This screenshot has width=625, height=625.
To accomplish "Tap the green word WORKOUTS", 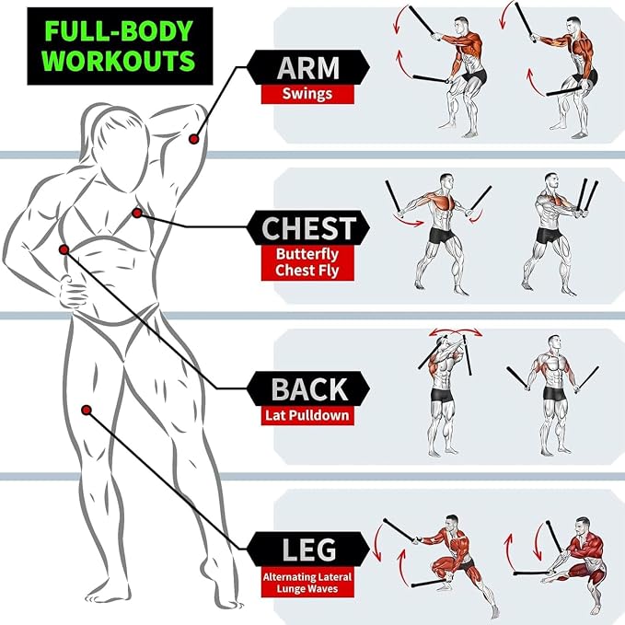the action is click(119, 60).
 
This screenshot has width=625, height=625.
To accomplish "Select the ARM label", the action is click(307, 68).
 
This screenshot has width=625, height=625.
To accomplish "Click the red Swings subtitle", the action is click(307, 94).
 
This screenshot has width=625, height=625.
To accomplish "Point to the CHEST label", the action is click(308, 228).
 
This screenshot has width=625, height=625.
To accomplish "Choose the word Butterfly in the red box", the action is click(307, 254).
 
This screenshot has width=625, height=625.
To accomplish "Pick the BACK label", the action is click(309, 389).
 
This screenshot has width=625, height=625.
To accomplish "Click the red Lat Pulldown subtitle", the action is click(307, 415).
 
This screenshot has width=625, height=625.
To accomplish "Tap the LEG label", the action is click(309, 550).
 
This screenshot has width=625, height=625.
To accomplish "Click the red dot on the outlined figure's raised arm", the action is click(193, 139).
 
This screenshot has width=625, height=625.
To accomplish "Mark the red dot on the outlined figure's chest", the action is click(137, 214).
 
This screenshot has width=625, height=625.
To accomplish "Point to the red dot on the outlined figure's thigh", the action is click(87, 411).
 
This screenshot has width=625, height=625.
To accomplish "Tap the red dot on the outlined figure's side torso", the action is click(64, 250).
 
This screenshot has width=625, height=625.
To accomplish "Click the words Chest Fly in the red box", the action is click(307, 271).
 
